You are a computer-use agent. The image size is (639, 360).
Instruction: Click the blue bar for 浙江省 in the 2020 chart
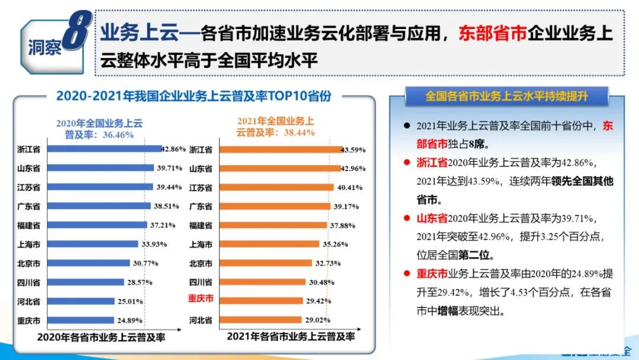pyautogui.click(x=104, y=149)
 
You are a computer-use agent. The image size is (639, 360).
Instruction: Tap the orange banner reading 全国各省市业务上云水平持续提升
pyautogui.click(x=507, y=96)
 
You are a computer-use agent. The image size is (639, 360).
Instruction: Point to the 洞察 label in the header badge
pyautogui.click(x=45, y=48)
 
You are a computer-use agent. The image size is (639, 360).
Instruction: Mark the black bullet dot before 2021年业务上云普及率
pyautogui.click(x=406, y=126)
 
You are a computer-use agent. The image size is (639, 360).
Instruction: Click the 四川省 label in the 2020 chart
pyautogui.click(x=28, y=282)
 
